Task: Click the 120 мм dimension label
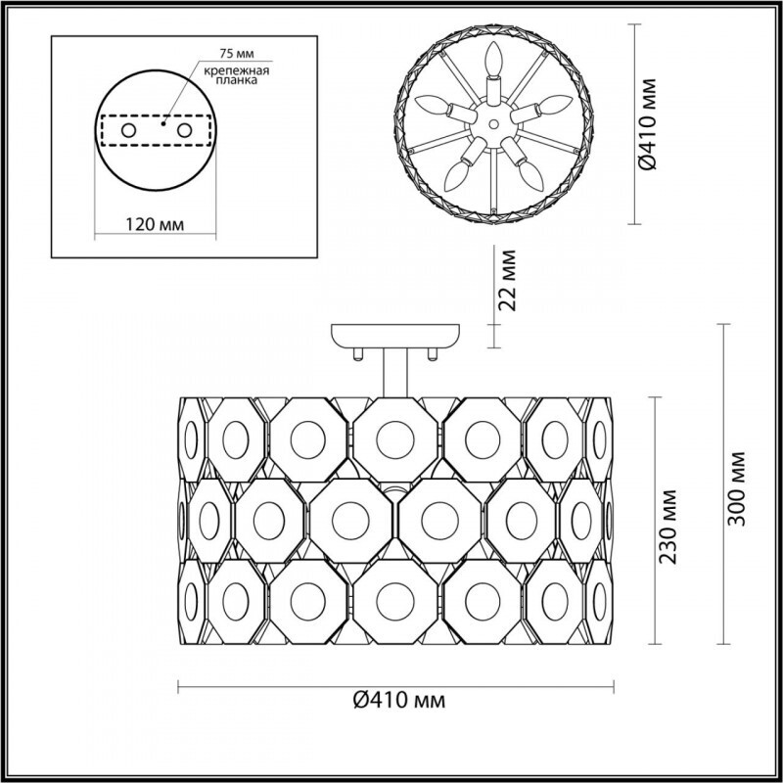[155, 225]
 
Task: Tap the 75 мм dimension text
[237, 54]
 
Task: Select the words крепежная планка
[236, 75]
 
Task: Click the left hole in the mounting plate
[129, 131]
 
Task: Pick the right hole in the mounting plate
[184, 131]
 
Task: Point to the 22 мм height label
[507, 280]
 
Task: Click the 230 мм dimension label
[668, 527]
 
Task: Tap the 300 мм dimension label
[737, 488]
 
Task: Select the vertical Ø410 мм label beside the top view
[648, 124]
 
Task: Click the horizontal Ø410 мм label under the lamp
[399, 701]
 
